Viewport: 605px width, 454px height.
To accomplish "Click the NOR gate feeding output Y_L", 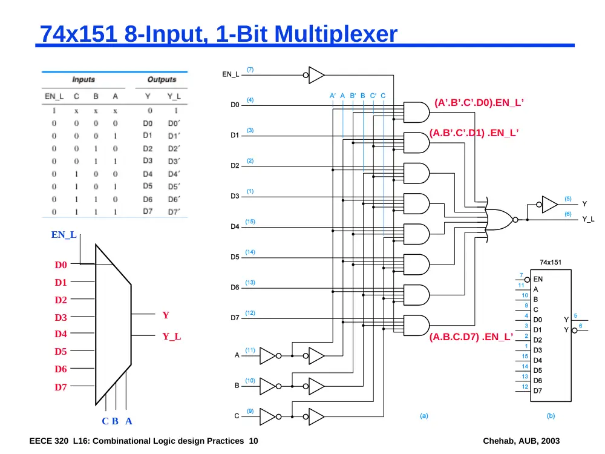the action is pos(500,220).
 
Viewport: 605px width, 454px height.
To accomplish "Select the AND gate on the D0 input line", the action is pos(416,113).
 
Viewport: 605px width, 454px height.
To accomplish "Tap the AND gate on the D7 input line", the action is pos(416,326).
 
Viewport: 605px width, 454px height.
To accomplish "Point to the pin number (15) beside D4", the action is pos(250,222).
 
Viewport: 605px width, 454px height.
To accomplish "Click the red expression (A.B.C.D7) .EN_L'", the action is pos(471,337).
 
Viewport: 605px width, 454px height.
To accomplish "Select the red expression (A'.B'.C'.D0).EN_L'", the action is pos(479,102).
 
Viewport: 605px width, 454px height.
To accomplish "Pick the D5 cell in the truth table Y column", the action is pos(148,186).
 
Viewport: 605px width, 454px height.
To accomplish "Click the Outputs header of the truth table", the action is pos(162,79).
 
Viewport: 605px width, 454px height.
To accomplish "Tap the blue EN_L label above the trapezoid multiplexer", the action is pos(64,235).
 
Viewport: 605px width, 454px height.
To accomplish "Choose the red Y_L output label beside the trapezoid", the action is pos(171,336).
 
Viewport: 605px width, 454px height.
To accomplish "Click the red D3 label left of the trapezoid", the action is pos(60,317).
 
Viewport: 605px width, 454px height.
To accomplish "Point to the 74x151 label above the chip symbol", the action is pos(550,263).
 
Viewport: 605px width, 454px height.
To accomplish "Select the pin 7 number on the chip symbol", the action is pos(522,275).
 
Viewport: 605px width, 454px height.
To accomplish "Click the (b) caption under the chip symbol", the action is pos(551,416).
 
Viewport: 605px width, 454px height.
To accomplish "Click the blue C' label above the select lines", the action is pos(373,96).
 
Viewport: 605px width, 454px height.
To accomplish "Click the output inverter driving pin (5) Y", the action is pos(547,204).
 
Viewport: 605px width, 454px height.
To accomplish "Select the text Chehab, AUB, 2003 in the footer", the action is pos(522,441).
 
